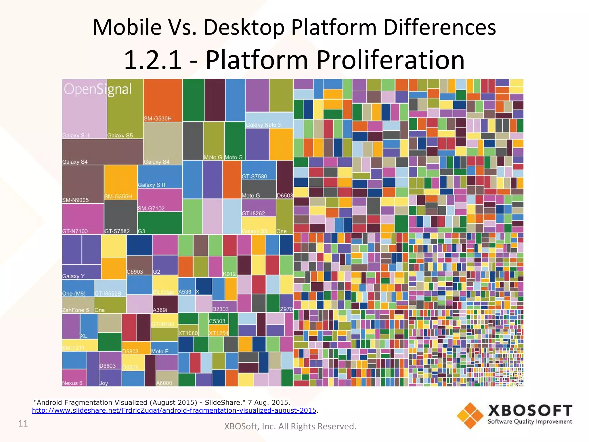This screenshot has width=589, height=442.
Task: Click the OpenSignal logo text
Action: click(x=98, y=89)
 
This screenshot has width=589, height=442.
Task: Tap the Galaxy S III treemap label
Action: click(x=77, y=136)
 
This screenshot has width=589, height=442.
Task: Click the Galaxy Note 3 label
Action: click(x=263, y=125)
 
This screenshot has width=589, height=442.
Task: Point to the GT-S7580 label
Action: click(x=254, y=176)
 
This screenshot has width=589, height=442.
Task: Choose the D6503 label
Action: click(x=284, y=196)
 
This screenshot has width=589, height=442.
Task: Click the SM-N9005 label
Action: click(x=75, y=200)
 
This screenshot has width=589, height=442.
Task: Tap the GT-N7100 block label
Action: click(x=75, y=231)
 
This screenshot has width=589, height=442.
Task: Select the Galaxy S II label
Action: click(x=151, y=185)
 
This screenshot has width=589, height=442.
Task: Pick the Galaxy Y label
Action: click(x=73, y=276)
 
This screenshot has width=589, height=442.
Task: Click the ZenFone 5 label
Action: click(x=76, y=310)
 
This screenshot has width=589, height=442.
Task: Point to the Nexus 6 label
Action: click(x=72, y=383)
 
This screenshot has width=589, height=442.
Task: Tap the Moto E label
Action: click(x=160, y=351)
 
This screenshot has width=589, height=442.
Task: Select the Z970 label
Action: click(x=286, y=309)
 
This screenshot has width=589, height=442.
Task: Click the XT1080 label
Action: click(x=188, y=333)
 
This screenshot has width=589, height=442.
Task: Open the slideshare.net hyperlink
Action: click(x=174, y=410)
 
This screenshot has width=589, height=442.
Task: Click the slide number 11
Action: click(x=23, y=424)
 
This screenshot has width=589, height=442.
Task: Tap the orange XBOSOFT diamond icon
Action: click(x=470, y=416)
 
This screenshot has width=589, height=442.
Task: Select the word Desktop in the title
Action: click(x=244, y=27)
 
